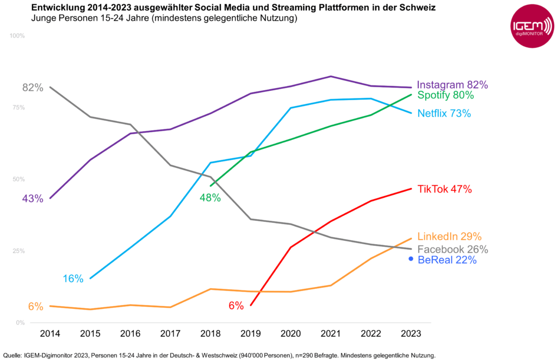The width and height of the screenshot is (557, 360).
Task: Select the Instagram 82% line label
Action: pos(452,85)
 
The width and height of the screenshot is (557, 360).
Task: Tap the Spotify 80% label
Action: pos(445,95)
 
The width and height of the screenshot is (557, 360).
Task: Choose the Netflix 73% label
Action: pos(444,114)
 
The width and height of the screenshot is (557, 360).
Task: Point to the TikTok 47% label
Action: pos(444,189)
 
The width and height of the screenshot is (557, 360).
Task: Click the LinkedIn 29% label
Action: pos(449,237)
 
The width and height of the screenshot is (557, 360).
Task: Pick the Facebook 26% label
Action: pos(452,250)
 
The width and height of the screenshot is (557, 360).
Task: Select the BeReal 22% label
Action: pos(447,260)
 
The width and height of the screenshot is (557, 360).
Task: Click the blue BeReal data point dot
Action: pos(411,259)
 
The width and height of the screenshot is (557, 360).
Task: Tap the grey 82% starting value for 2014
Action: pos(33,88)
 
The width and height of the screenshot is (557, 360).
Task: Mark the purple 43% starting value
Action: pos(33,199)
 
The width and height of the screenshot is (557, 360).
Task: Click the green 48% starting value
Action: pos(210,198)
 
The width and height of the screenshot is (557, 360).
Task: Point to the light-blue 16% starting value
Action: pos(73,279)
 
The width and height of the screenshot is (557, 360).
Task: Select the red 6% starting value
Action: pos(236,306)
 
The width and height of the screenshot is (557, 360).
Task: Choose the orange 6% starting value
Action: pos(35,307)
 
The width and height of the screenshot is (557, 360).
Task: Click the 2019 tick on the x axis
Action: pos(251,333)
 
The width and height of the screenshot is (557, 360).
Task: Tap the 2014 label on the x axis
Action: pos(49,333)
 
